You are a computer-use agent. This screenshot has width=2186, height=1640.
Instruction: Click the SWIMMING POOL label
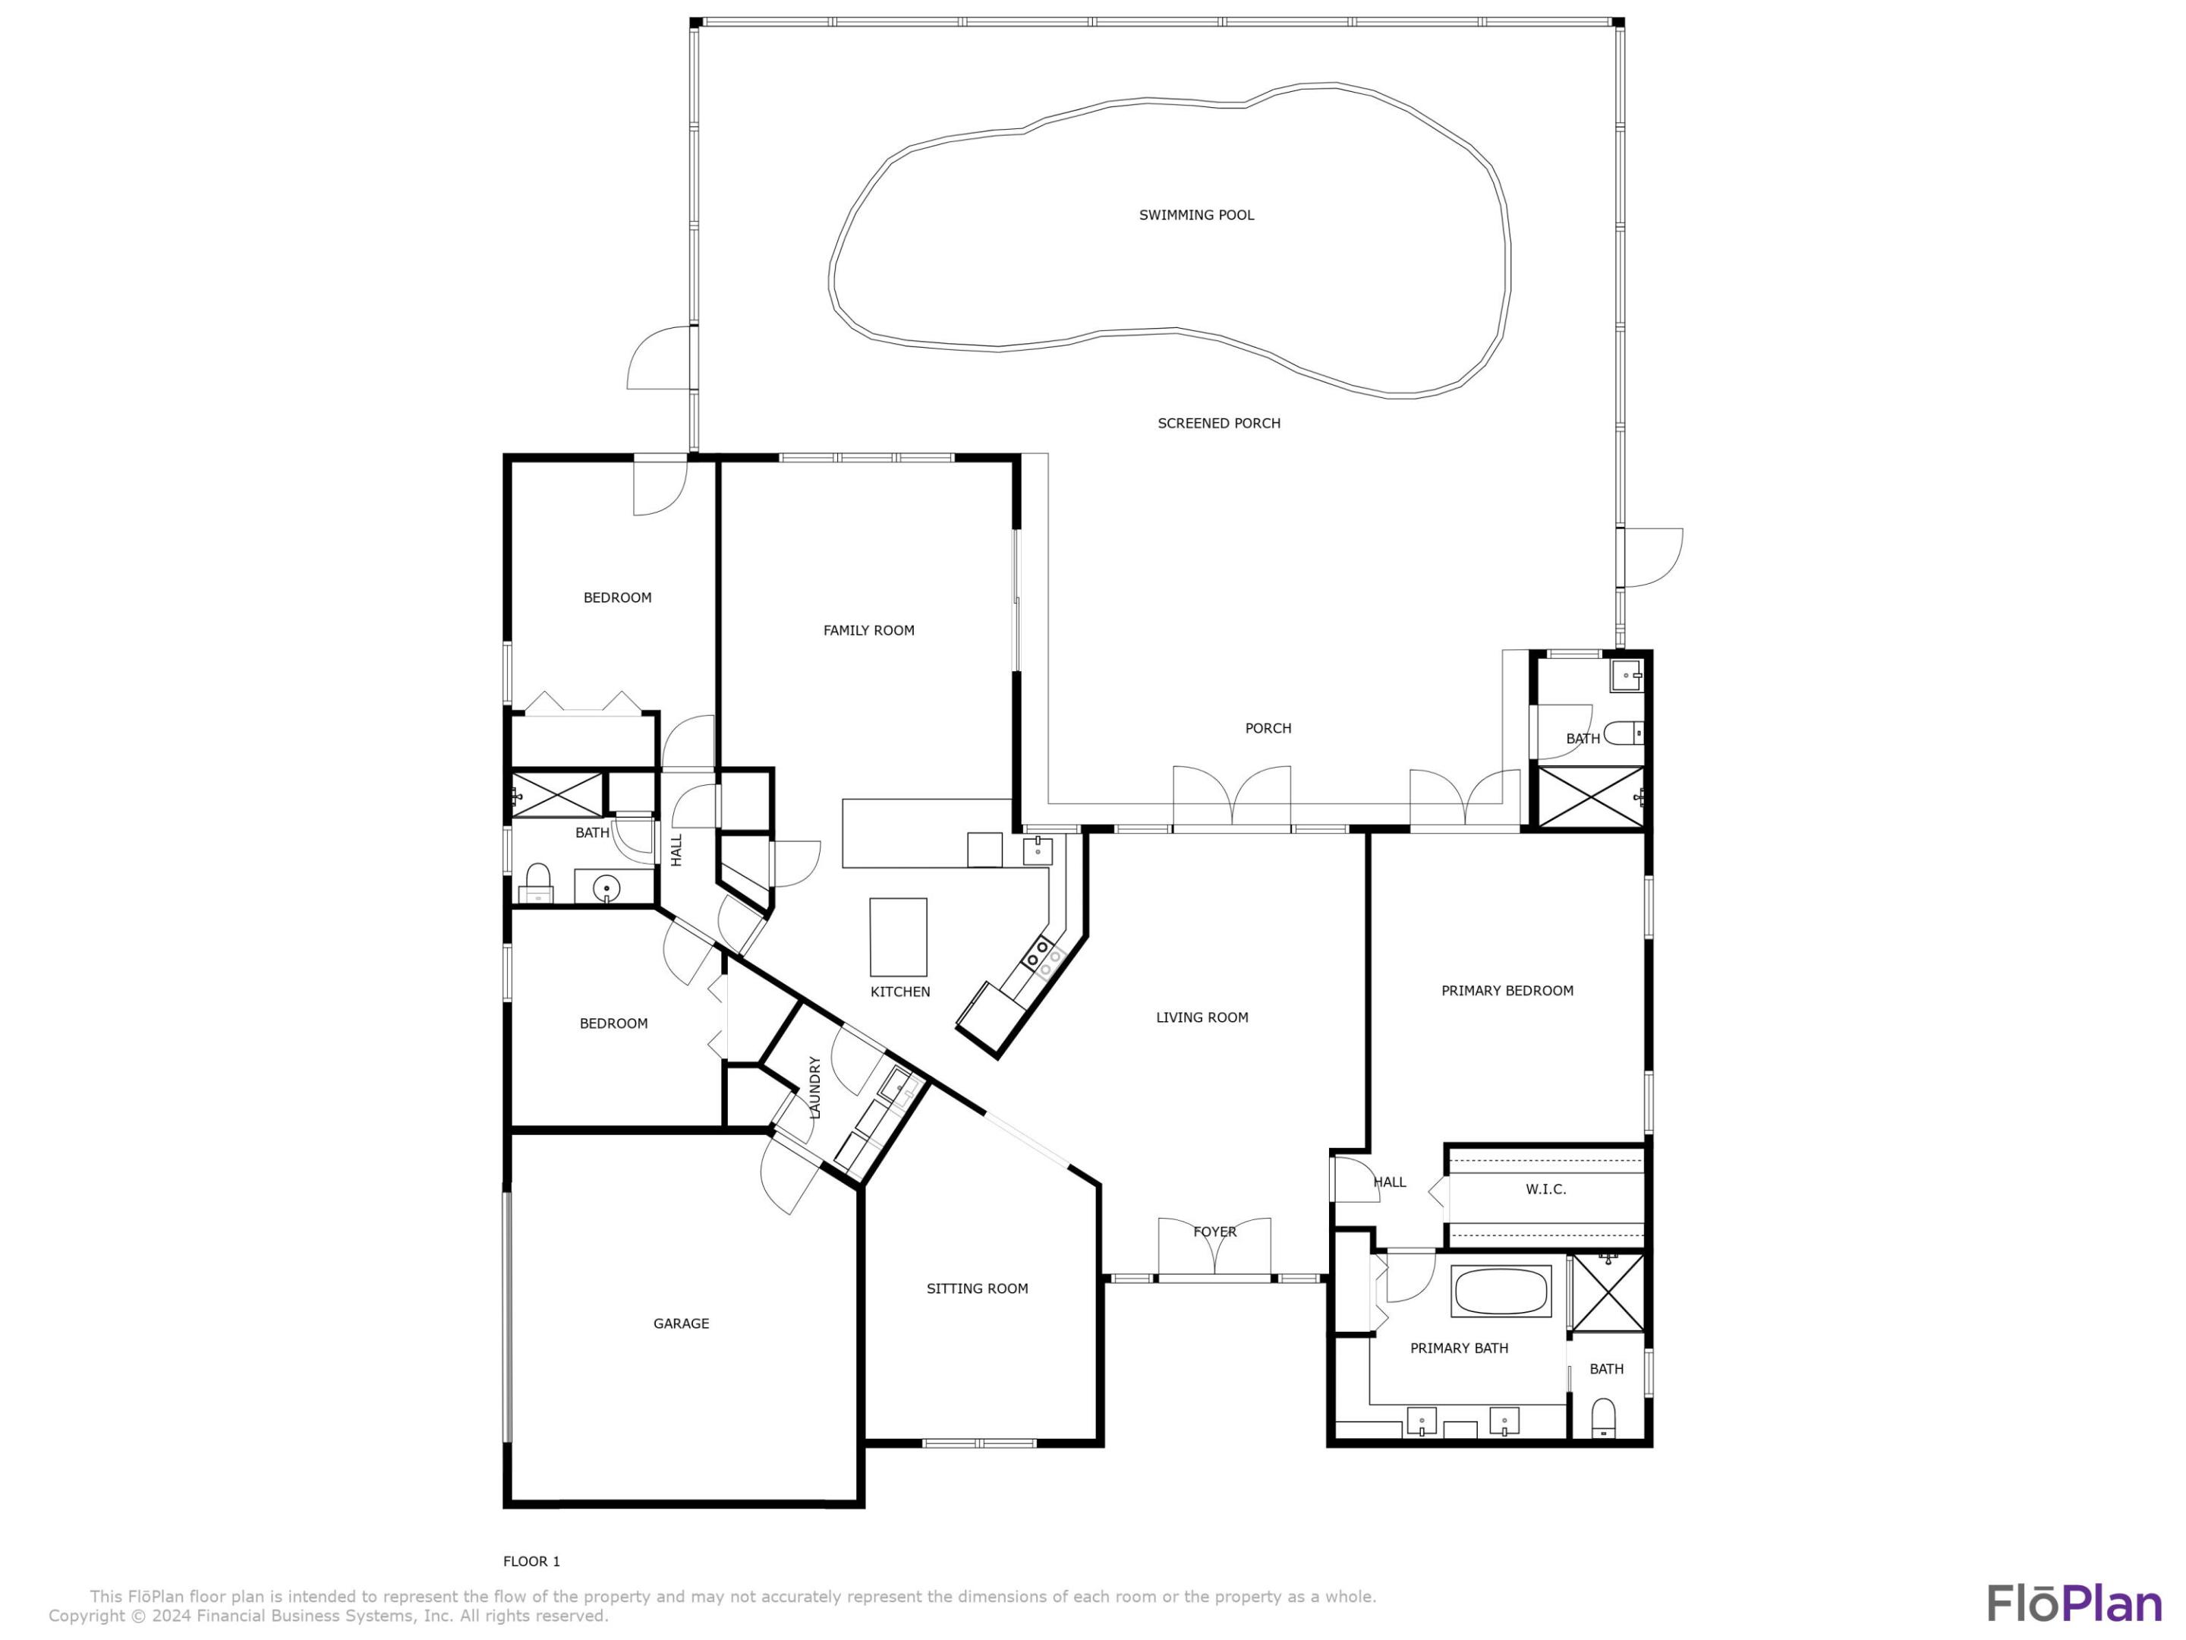[x=1195, y=215]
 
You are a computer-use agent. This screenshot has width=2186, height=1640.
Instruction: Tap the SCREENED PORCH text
[x=1218, y=423]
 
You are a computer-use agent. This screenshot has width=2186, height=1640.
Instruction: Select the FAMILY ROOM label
[x=868, y=629]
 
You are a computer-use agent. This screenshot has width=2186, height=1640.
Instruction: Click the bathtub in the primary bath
[x=1500, y=1291]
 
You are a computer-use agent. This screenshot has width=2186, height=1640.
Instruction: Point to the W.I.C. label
[x=1545, y=1189]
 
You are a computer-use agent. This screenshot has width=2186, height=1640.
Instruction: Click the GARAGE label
[x=681, y=1323]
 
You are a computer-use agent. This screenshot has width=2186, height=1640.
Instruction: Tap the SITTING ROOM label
[x=976, y=1288]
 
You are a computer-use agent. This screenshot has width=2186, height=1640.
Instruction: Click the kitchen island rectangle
[x=897, y=936]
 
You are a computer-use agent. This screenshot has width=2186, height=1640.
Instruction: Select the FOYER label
[x=1214, y=1232]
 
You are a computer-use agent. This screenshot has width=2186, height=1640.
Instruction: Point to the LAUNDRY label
[x=815, y=1087]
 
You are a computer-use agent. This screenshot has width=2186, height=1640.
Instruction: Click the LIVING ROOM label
[x=1202, y=1017]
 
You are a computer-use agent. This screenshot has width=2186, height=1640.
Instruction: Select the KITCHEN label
[x=899, y=992]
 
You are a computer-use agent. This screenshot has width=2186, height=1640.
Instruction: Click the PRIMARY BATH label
[x=1459, y=1348]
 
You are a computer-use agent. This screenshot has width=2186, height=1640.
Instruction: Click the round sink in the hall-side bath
[x=606, y=888]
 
